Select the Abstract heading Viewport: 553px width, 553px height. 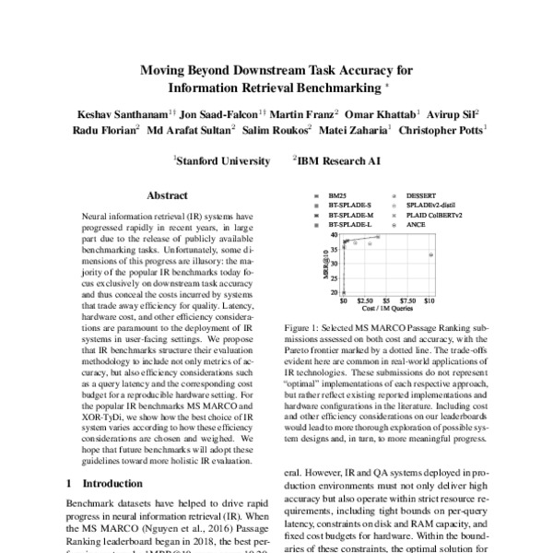pyautogui.click(x=167, y=195)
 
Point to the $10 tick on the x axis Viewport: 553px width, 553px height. pyautogui.click(x=429, y=300)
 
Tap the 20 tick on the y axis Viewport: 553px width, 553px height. pyautogui.click(x=333, y=293)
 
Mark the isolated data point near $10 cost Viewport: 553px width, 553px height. pyautogui.click(x=430, y=254)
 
